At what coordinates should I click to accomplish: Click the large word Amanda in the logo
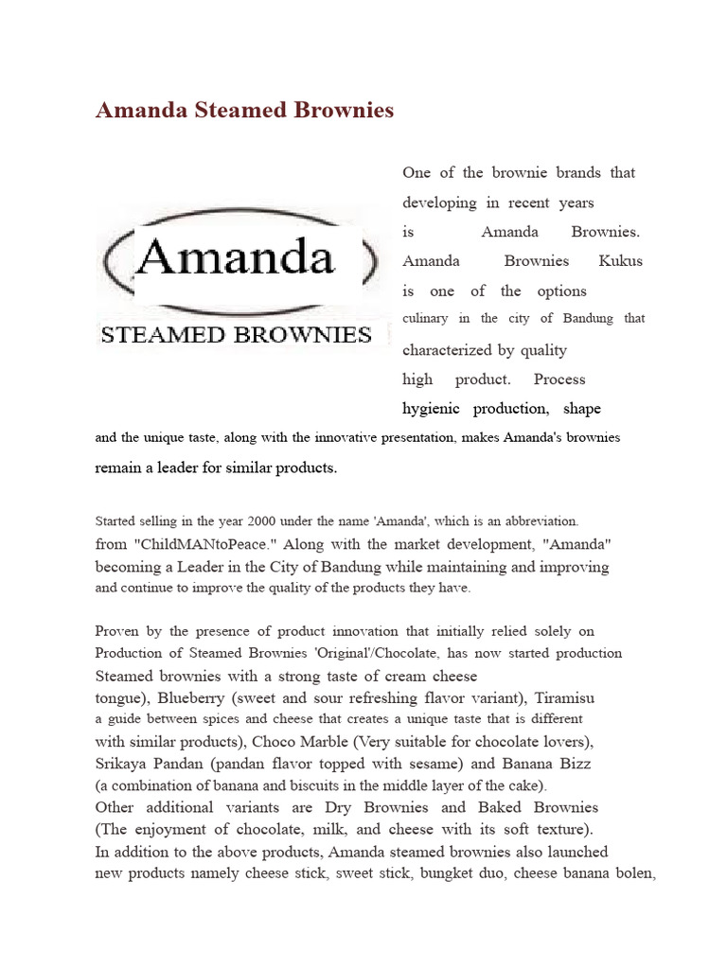236,256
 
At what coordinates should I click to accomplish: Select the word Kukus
621,261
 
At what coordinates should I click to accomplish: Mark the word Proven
118,631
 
